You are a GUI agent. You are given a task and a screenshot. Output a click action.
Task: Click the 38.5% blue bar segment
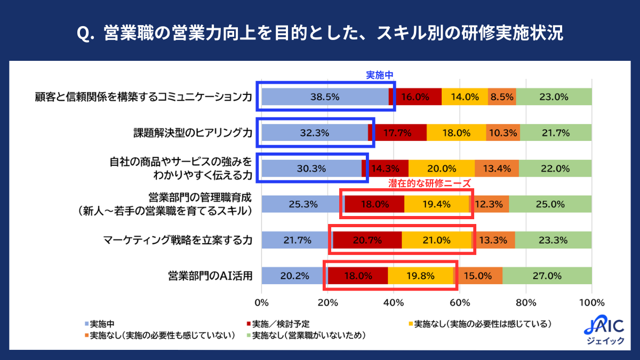[x=325, y=97]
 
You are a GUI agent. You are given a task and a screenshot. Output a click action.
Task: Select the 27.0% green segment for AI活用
[x=547, y=276]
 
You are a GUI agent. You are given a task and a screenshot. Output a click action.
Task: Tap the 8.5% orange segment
[x=502, y=97]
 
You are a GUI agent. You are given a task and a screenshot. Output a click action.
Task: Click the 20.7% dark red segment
[x=367, y=240]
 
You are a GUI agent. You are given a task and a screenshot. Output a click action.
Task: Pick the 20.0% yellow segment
[x=441, y=169]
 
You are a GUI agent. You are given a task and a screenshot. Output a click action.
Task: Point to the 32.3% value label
[x=315, y=133]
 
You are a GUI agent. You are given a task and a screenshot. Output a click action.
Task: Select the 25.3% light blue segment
[x=303, y=204]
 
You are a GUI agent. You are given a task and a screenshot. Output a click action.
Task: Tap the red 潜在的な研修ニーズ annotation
[x=429, y=183]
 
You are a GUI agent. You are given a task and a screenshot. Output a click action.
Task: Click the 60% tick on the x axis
[x=460, y=302]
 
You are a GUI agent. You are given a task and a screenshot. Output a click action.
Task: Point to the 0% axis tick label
[x=261, y=302]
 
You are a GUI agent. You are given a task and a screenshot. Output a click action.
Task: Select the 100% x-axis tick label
[x=591, y=302]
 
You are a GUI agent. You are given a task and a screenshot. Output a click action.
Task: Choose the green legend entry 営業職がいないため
[x=308, y=335]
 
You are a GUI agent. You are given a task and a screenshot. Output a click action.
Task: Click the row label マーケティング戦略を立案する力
[x=178, y=240]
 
